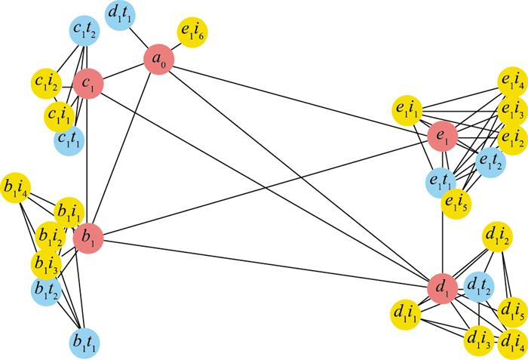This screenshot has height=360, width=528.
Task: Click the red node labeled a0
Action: pos(158,60)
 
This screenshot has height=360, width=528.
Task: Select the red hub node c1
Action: pos(88,84)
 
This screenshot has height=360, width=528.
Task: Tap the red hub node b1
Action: pos(88,238)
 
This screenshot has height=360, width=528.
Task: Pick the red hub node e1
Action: pos(443,137)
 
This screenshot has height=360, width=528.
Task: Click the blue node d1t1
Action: pos(120,16)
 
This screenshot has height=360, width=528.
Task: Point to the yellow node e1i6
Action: pos(192,32)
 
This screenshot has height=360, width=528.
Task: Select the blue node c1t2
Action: pos(84,31)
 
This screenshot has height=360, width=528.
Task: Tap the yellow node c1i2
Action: pos(46,83)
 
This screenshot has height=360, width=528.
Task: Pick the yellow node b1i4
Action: pos(16,188)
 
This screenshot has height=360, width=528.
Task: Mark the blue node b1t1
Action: pos(84,343)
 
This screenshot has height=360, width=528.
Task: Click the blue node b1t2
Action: pos(46,291)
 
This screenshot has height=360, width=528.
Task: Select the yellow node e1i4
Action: pos(512,82)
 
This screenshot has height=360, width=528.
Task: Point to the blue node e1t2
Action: pos(490,162)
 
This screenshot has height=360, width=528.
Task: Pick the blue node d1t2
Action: pos(478,288)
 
